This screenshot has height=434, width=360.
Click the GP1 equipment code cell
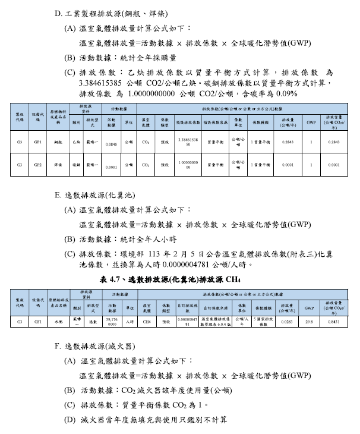point(37,143)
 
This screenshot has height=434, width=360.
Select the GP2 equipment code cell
point(37,165)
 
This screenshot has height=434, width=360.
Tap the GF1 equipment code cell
point(37,321)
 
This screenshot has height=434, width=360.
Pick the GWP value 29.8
point(309,321)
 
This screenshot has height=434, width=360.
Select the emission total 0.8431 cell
point(334,321)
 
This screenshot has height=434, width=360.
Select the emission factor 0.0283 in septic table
point(288,321)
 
